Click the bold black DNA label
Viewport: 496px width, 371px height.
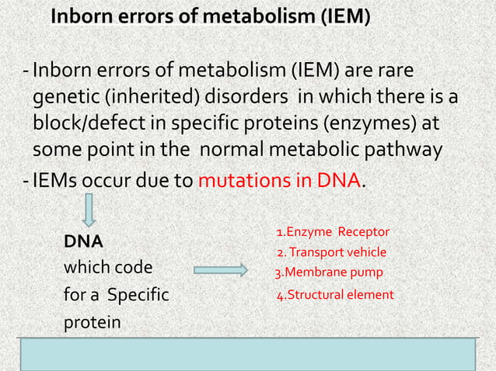tap(83, 241)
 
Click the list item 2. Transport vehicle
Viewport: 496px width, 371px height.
tap(331, 252)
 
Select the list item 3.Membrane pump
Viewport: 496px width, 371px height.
tap(329, 272)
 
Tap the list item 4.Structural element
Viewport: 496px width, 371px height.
tap(335, 295)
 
